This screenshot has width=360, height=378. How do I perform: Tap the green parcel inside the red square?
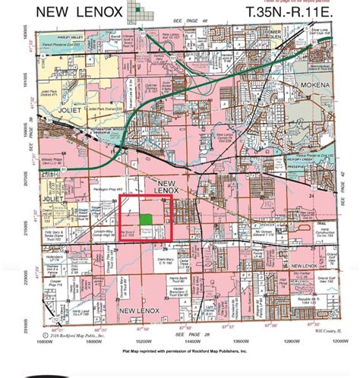(x=155, y=219)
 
